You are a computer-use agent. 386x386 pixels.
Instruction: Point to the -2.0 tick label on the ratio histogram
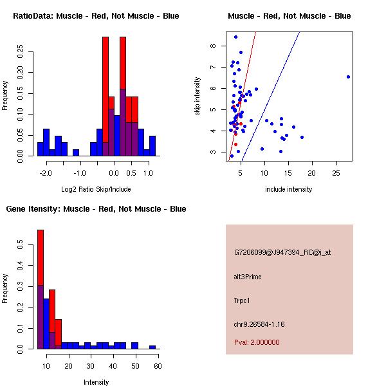tap(46, 173)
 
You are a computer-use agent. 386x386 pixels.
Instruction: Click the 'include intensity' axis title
tap(289, 189)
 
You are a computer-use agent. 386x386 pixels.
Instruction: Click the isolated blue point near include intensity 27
tap(348, 77)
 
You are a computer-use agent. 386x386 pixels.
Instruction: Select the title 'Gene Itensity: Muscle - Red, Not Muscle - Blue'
tap(96, 209)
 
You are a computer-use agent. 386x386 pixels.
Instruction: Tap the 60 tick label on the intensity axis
tap(157, 366)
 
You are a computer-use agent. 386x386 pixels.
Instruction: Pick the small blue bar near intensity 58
tap(152, 347)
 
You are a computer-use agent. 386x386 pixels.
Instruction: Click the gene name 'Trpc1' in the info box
tap(243, 300)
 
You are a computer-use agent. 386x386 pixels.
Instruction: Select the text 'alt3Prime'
tap(248, 277)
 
